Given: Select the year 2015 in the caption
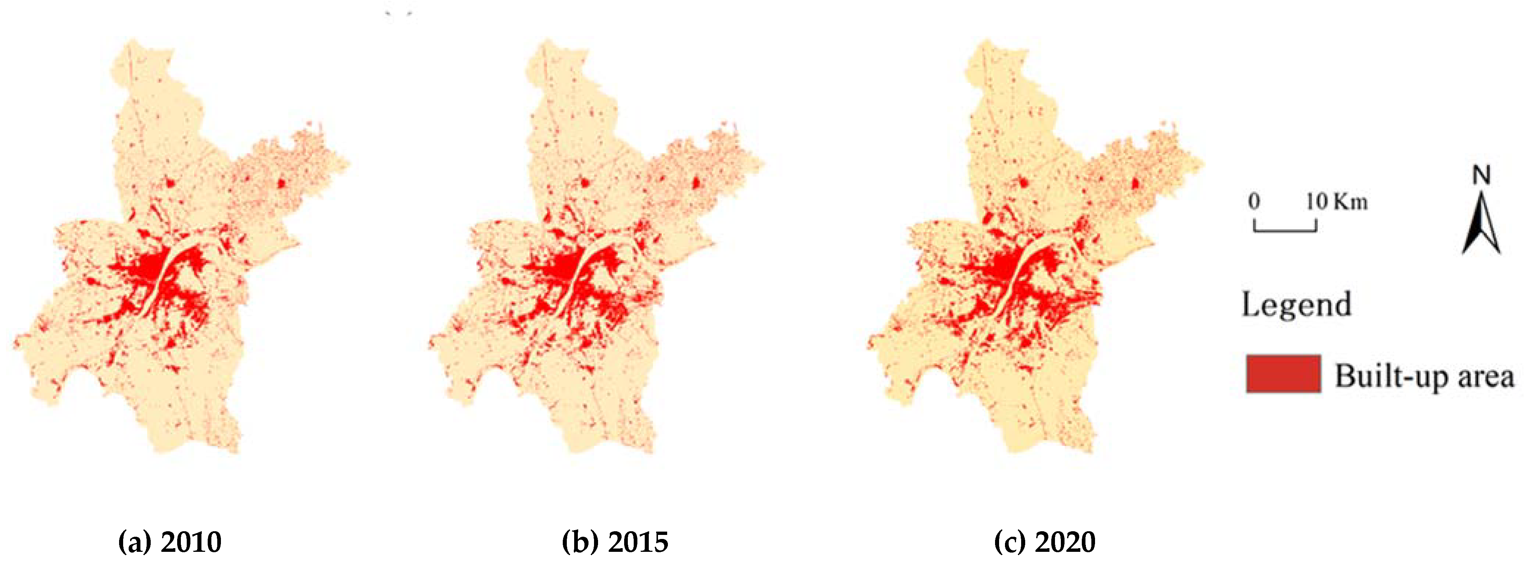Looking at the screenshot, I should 638,542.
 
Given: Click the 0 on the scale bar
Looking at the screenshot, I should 1254,202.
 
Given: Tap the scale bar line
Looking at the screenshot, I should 1285,229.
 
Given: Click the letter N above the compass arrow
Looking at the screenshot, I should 1481,176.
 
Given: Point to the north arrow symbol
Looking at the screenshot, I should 1481,228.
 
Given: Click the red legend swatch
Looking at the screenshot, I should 1282,374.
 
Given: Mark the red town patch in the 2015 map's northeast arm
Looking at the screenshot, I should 697,183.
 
